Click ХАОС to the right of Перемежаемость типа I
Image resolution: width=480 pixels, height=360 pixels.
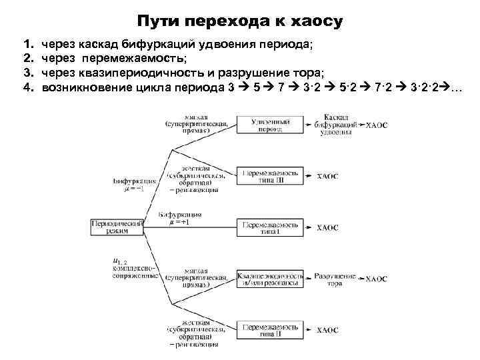pyautogui.click(x=327, y=227)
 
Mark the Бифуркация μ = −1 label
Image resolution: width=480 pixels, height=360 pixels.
pyautogui.click(x=135, y=185)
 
